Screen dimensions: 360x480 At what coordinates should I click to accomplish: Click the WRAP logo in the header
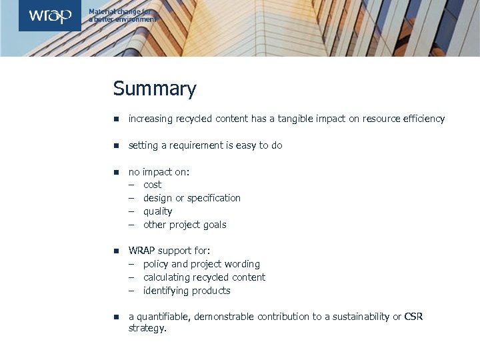tap(49, 15)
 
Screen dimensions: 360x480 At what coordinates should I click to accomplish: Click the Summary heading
tap(155, 89)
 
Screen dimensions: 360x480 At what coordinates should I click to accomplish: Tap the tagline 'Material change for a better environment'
tap(123, 16)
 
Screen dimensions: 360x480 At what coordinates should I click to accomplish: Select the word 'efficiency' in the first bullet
tap(421, 119)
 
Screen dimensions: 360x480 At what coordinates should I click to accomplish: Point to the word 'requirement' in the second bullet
tap(197, 145)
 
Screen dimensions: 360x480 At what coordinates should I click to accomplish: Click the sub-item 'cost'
tap(152, 185)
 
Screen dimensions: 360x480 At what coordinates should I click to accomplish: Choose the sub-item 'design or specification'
tap(192, 198)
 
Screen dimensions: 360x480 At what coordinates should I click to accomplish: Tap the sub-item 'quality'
tap(157, 211)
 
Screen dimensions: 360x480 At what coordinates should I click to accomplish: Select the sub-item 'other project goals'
tap(185, 225)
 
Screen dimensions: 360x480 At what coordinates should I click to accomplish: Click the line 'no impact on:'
tap(159, 172)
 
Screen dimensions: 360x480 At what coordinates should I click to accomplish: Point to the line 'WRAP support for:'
tap(169, 251)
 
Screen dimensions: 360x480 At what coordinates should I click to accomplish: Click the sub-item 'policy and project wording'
tap(201, 264)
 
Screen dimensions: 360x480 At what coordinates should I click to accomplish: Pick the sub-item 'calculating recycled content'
tap(204, 277)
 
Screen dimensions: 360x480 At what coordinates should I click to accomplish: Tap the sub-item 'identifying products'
tap(187, 291)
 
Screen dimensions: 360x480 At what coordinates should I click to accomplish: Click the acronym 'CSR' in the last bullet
tap(413, 317)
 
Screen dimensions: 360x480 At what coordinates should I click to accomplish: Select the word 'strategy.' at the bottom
tap(147, 329)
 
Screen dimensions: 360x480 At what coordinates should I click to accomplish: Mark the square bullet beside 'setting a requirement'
tap(116, 145)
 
